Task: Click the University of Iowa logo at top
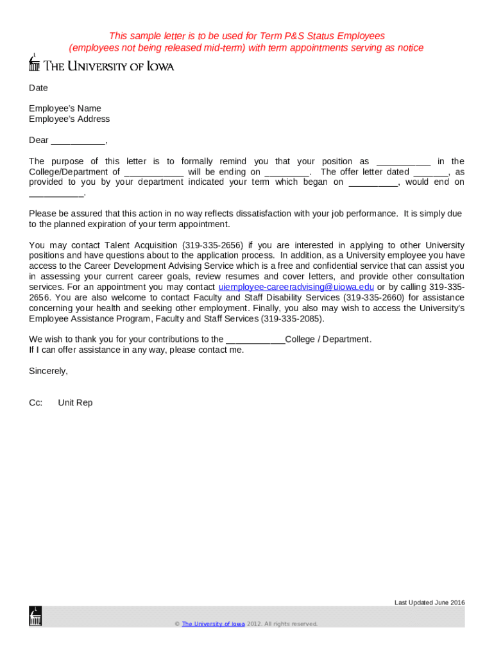tap(101, 65)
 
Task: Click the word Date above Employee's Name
tap(38, 88)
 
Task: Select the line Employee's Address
tap(69, 119)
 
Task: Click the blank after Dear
tap(78, 141)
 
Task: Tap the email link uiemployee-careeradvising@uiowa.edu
tap(296, 287)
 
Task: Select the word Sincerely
tap(48, 371)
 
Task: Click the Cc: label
tap(36, 403)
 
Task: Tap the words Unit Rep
tap(75, 403)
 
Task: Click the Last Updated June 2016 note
tap(429, 602)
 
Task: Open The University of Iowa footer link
tap(213, 624)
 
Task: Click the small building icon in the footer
tap(35, 617)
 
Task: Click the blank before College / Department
tap(255, 340)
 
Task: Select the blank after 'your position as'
tap(403, 162)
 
